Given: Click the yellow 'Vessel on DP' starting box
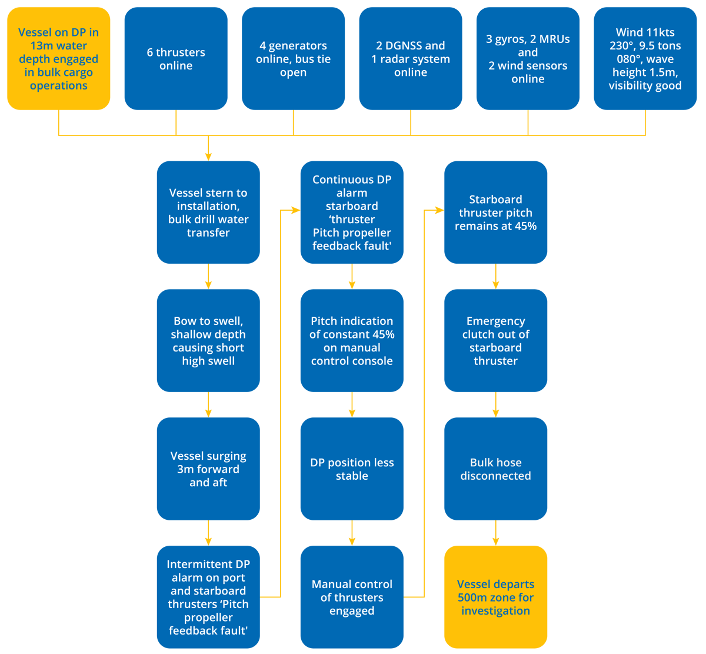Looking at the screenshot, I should click(58, 59).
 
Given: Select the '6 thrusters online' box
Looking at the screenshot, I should click(176, 59).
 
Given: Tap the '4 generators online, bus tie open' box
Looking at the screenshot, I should click(293, 59).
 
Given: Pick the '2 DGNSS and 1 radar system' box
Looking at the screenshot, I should click(411, 59).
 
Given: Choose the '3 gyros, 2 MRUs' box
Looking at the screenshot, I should click(528, 59).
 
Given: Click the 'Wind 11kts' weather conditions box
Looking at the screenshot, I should click(645, 59).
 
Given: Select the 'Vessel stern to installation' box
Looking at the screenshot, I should click(208, 213).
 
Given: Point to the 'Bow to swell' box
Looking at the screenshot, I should click(208, 341).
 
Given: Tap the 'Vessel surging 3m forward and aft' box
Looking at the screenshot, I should click(208, 469).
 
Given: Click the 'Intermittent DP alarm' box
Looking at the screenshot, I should click(208, 597).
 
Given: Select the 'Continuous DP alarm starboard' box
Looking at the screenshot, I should click(352, 213).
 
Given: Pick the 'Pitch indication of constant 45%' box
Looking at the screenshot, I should click(352, 341).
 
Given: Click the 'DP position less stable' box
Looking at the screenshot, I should click(352, 469).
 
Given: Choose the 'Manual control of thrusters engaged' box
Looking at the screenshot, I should click(352, 597).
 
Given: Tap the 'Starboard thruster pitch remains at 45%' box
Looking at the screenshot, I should click(495, 213).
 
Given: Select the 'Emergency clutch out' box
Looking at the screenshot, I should click(495, 341).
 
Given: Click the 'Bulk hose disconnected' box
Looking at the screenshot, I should click(495, 469).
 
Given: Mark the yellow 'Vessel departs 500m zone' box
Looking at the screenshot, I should click(495, 597).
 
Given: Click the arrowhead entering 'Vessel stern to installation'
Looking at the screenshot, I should click(208, 156).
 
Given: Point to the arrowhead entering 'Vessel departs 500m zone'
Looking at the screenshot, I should click(495, 541).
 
